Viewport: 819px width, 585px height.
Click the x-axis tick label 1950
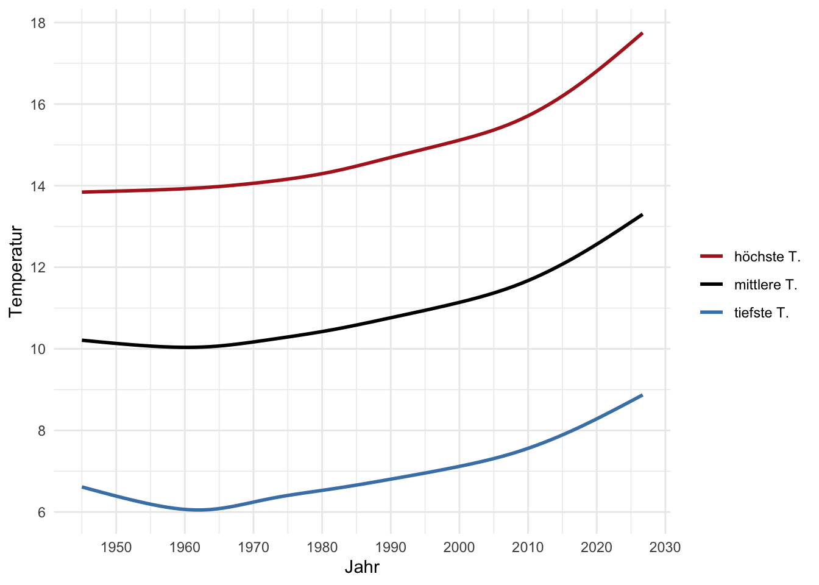(x=116, y=547)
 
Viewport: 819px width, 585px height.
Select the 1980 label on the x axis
(x=322, y=547)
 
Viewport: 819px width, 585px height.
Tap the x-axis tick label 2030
(x=665, y=547)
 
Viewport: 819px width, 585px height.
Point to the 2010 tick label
(x=528, y=547)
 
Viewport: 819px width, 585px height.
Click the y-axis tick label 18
(x=38, y=23)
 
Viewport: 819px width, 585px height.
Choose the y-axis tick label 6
(x=41, y=512)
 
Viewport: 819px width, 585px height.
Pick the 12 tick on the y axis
(x=38, y=268)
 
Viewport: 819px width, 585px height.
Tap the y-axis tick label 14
(x=38, y=186)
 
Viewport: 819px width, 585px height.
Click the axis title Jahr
(x=362, y=567)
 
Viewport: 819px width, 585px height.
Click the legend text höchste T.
(x=767, y=257)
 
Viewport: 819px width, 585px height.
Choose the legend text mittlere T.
(x=765, y=285)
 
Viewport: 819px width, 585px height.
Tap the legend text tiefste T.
(x=761, y=313)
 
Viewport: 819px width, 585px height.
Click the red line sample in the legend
(x=712, y=257)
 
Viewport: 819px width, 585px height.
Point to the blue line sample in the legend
(x=712, y=312)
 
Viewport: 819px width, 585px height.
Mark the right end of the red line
(x=642, y=34)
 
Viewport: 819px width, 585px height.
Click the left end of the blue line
(x=82, y=487)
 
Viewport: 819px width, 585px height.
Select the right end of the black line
(x=642, y=214)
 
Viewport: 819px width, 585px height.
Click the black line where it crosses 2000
(x=459, y=302)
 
